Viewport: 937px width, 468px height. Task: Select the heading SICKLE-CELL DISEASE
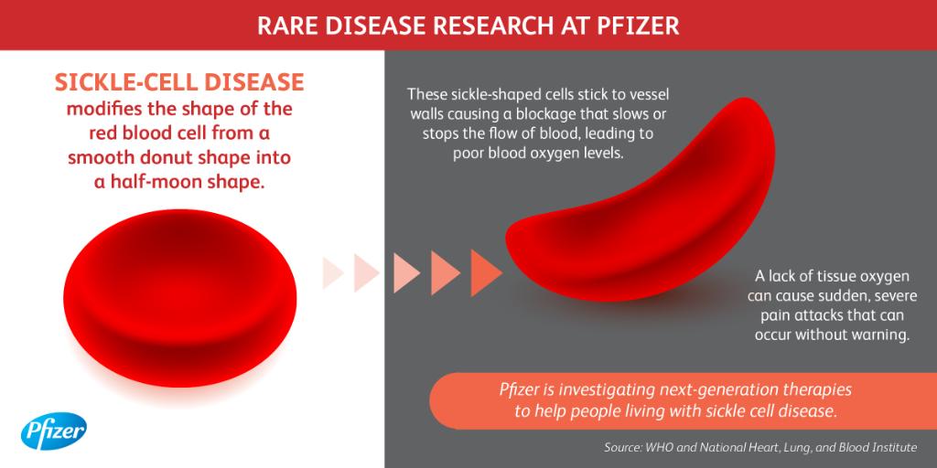click(178, 83)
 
